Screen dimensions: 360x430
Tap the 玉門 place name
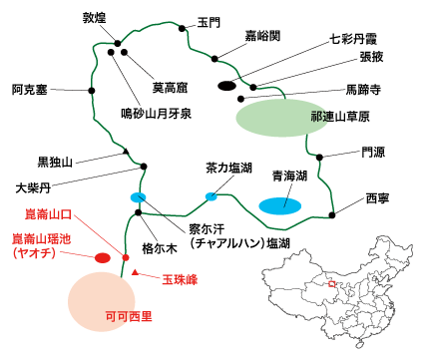(210, 21)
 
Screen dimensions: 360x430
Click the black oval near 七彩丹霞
(227, 86)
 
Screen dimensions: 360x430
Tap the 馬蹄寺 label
(365, 88)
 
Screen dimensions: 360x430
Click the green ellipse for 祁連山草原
(275, 117)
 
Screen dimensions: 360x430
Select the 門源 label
(372, 153)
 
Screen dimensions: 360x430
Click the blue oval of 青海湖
(281, 205)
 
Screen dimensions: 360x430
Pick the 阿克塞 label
(32, 89)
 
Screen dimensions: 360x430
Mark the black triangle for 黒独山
(126, 152)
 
